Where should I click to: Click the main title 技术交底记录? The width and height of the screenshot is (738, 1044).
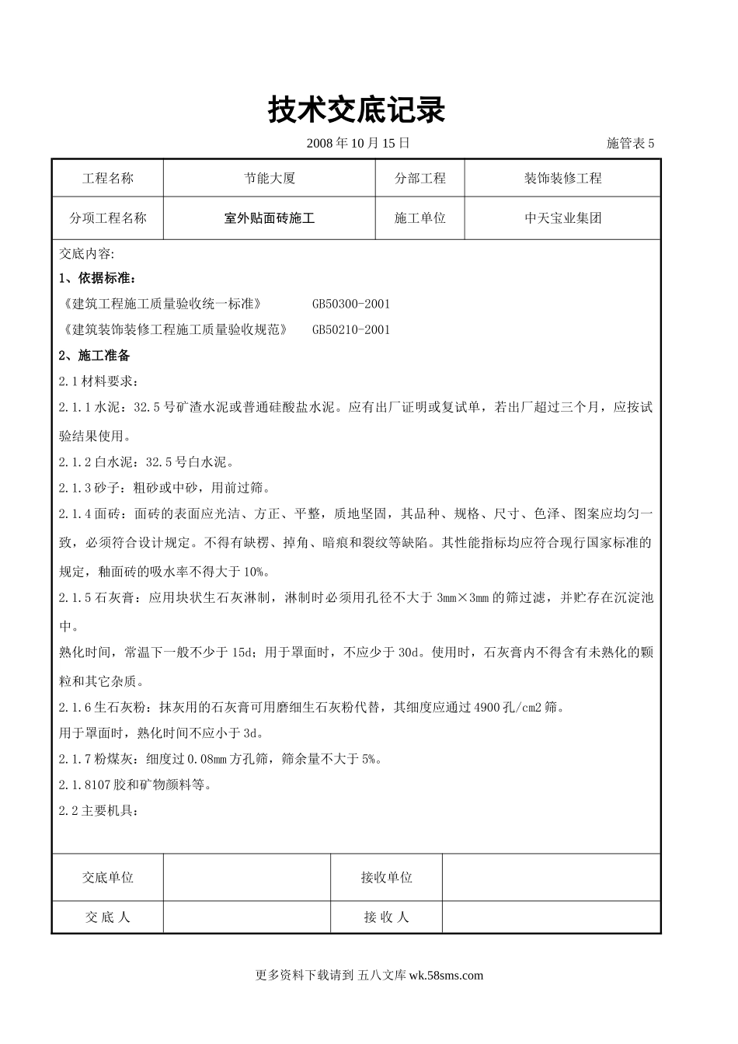tap(357, 110)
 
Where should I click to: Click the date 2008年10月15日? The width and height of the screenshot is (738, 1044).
tap(358, 143)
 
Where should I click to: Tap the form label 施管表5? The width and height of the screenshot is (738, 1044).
tap(630, 143)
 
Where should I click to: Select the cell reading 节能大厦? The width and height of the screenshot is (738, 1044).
tap(269, 178)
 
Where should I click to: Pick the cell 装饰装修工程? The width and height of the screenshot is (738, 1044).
tap(562, 178)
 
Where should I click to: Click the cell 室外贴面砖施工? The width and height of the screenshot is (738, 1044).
tap(269, 218)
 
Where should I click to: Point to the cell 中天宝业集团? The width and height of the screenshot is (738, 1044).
tap(562, 218)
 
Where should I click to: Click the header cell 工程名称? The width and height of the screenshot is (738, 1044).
tap(107, 178)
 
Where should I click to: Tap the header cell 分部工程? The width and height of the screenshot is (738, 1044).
tap(419, 178)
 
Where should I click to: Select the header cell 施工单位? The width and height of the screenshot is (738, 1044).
tap(419, 218)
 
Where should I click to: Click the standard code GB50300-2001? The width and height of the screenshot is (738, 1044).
tap(351, 304)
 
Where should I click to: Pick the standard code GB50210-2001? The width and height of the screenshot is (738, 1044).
tap(351, 329)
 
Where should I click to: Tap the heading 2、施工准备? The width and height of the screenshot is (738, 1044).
tap(94, 356)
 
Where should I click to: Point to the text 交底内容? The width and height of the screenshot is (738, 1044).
tap(86, 253)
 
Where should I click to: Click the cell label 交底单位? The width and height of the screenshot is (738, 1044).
tap(107, 877)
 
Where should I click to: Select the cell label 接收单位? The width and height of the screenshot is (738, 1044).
tap(386, 877)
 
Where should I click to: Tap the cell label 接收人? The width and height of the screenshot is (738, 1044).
tap(386, 917)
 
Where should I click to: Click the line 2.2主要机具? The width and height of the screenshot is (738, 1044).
tap(99, 811)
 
